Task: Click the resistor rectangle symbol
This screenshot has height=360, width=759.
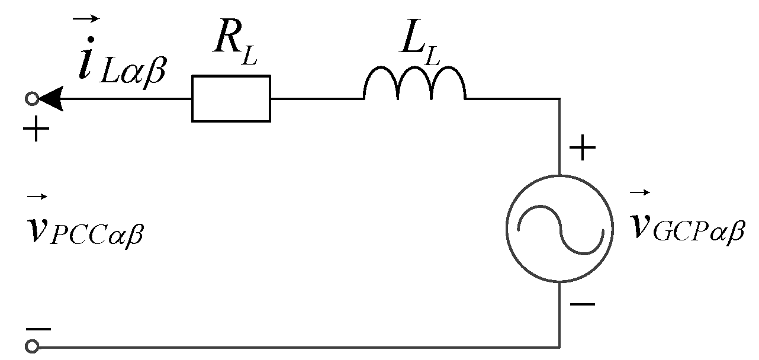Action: (231, 98)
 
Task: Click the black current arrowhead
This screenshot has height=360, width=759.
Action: (50, 99)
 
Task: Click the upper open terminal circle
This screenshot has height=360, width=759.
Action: (32, 99)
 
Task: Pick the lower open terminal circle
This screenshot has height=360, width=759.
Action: (32, 346)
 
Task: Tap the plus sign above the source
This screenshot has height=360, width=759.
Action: (583, 149)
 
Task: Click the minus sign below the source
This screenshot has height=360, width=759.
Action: (583, 304)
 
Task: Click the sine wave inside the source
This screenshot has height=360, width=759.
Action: (560, 229)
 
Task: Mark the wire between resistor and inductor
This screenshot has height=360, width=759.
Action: (317, 99)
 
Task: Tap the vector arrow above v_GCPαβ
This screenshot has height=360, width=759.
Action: (641, 192)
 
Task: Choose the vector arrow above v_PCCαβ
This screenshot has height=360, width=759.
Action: (36, 197)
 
